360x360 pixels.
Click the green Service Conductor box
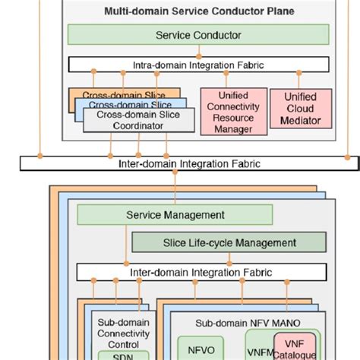198,35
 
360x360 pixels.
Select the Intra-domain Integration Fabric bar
199,65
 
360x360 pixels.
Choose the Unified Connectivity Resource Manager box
229,112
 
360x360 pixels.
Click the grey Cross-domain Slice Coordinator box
132,120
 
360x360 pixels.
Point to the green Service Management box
175,215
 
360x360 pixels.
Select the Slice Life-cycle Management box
229,242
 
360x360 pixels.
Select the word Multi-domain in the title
137,12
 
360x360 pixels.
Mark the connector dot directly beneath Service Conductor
198,56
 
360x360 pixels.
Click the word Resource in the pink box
229,119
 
